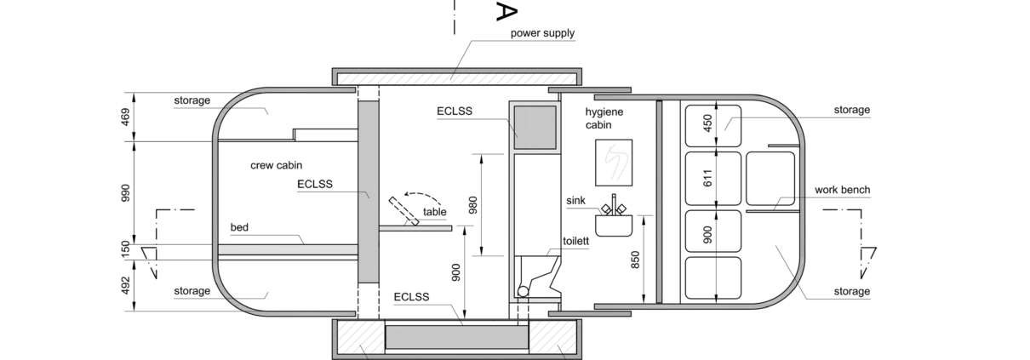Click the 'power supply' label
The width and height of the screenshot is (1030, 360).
click(x=542, y=33)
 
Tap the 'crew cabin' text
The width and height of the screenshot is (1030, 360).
click(x=277, y=165)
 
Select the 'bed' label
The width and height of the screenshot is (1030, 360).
click(x=239, y=227)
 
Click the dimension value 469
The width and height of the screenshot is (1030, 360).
click(x=125, y=117)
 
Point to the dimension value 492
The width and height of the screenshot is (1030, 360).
click(x=125, y=285)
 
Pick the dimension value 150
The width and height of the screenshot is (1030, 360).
click(x=125, y=249)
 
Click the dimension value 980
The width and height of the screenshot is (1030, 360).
click(x=472, y=205)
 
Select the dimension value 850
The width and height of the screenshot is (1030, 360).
click(x=635, y=260)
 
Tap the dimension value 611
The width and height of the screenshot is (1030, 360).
click(x=707, y=179)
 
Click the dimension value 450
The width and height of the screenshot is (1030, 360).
click(x=707, y=123)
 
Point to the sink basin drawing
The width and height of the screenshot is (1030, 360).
click(x=614, y=225)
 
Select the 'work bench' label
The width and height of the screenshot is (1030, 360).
click(x=843, y=190)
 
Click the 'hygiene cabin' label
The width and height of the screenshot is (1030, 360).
click(x=604, y=118)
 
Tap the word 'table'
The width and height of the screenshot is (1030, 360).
click(x=434, y=212)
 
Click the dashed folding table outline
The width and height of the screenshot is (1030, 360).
click(x=403, y=211)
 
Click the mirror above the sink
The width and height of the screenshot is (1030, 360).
click(x=614, y=163)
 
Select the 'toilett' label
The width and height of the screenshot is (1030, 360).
click(x=575, y=242)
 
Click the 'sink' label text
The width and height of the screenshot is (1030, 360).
click(x=575, y=201)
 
